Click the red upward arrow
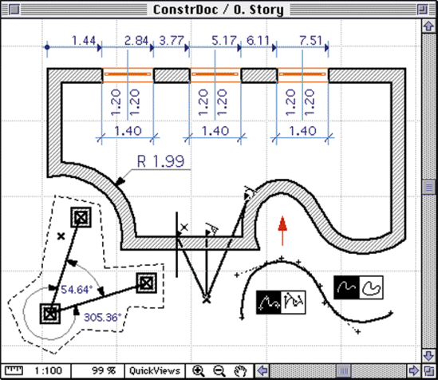point(282,231)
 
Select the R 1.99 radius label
point(160,161)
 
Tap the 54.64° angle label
point(77,290)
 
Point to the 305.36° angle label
point(103,318)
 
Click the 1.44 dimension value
point(84,41)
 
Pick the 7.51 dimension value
point(310,41)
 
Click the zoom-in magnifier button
point(199,371)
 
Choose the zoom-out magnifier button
point(219,371)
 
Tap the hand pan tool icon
point(240,371)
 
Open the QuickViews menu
point(155,371)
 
